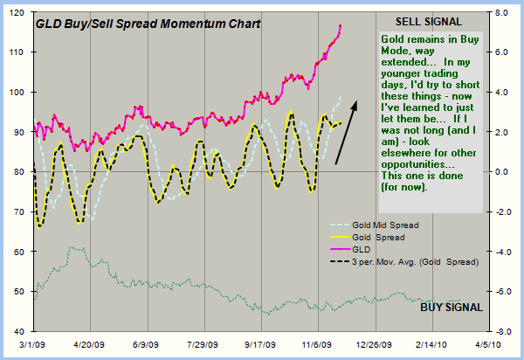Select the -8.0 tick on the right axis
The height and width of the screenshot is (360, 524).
(500, 332)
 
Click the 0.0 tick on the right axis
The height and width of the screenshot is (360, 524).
(501, 172)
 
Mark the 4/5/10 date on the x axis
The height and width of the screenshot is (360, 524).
(491, 345)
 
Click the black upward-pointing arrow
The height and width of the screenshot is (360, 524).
(347, 129)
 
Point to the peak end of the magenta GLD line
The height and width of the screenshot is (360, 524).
(341, 26)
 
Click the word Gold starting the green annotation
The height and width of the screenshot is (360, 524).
(394, 41)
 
